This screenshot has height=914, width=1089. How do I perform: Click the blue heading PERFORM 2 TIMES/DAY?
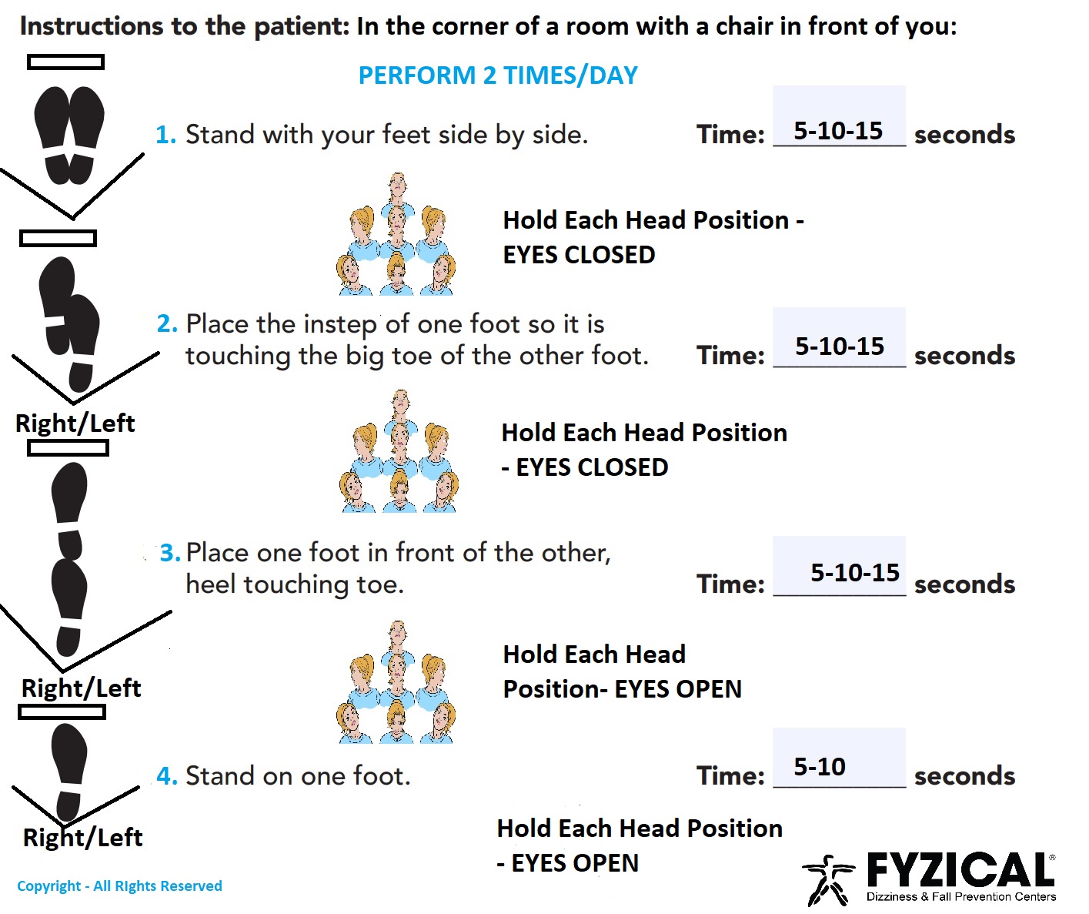click(x=498, y=75)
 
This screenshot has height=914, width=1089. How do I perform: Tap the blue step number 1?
click(x=166, y=134)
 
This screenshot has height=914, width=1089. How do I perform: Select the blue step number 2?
click(x=168, y=323)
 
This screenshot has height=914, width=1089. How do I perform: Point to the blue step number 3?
click(x=170, y=552)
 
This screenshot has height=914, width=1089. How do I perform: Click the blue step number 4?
click(x=168, y=775)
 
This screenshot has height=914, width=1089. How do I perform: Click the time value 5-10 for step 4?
click(x=820, y=766)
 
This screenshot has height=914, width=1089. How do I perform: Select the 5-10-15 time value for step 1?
click(x=838, y=130)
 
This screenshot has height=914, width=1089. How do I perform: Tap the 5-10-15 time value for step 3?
click(x=855, y=572)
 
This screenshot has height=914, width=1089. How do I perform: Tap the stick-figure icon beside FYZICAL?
click(x=827, y=879)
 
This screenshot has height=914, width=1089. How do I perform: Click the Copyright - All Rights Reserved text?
click(x=119, y=886)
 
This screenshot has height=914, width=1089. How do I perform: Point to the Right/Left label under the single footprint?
click(x=82, y=837)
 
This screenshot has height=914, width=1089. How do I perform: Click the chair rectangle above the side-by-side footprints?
click(x=65, y=62)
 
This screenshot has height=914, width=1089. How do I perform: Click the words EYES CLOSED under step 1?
click(x=579, y=255)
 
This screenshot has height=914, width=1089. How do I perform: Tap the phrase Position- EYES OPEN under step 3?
click(x=622, y=689)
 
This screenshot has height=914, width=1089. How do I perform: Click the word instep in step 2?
click(x=341, y=325)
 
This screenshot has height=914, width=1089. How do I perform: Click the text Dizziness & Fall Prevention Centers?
click(x=961, y=897)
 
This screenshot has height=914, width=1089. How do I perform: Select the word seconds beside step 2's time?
click(x=965, y=356)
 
